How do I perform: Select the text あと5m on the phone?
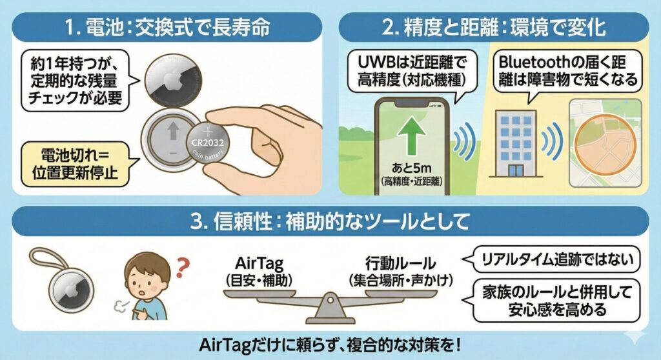(411, 168)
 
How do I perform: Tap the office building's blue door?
(515, 170)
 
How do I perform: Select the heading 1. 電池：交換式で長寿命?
(167, 28)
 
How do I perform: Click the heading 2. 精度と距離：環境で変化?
(494, 28)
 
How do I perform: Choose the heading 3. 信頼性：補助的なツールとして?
(330, 221)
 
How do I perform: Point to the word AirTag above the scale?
(259, 263)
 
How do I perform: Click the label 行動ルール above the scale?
(400, 263)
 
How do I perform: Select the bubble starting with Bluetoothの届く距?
(567, 72)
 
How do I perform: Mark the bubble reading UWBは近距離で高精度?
(412, 71)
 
